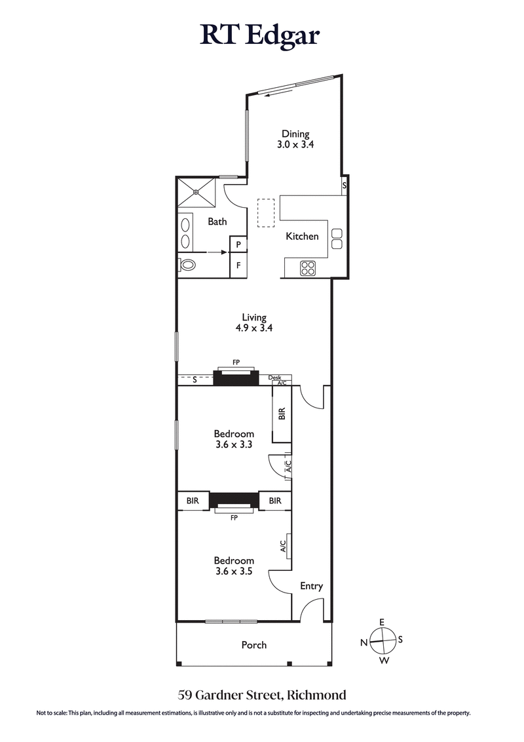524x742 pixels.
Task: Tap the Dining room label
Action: click(x=295, y=134)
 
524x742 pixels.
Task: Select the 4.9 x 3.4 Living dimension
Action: click(x=253, y=329)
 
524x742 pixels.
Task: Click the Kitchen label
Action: click(x=302, y=236)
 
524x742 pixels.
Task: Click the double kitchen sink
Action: click(x=337, y=239)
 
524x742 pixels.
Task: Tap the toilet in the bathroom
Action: click(x=187, y=265)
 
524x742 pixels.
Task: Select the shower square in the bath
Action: click(x=196, y=192)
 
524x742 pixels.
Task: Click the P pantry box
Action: click(x=238, y=244)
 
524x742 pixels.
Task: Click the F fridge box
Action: click(x=238, y=265)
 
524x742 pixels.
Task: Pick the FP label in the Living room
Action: click(x=236, y=362)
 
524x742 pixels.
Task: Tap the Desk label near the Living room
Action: click(x=274, y=378)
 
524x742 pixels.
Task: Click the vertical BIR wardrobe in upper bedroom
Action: click(x=282, y=414)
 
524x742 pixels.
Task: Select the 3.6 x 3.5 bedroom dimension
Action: click(x=234, y=572)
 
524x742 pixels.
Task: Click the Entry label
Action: click(x=311, y=586)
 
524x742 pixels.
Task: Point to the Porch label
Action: click(x=254, y=645)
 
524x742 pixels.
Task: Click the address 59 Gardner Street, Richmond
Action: click(x=262, y=694)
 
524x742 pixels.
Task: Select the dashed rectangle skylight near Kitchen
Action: click(x=267, y=215)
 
